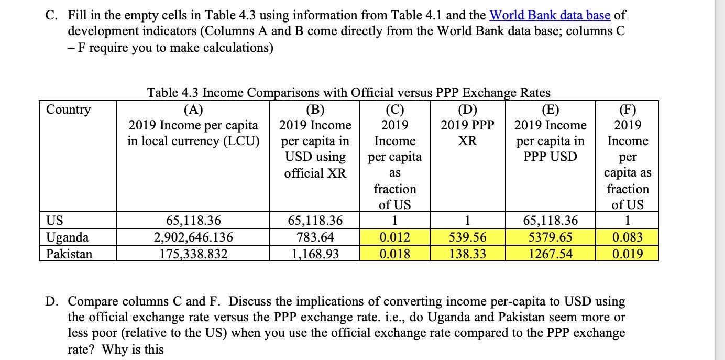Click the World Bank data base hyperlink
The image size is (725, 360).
[x=550, y=15]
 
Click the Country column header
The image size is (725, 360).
[x=68, y=110]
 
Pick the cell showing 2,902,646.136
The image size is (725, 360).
[x=193, y=237]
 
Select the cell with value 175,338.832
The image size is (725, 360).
[x=193, y=254]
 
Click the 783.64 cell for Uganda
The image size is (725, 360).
[x=314, y=237]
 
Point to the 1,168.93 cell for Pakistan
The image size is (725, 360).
[x=314, y=254]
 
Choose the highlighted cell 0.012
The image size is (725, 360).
[x=394, y=237]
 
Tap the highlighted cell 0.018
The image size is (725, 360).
[x=394, y=254]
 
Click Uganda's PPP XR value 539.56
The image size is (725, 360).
[x=467, y=237]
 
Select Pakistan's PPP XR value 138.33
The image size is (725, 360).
[x=467, y=254]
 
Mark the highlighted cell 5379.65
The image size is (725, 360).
[x=550, y=237]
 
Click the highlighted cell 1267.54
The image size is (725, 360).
[x=550, y=254]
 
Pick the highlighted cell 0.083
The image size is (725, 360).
[x=627, y=237]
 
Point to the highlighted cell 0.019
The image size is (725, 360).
[x=627, y=254]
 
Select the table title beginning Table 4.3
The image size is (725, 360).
[x=349, y=93]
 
